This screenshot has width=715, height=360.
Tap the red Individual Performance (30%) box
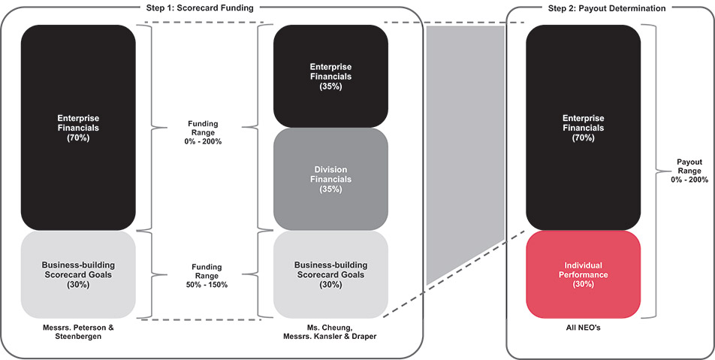[583, 274]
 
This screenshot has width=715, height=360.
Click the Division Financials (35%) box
[330, 179]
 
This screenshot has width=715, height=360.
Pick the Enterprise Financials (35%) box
[330, 76]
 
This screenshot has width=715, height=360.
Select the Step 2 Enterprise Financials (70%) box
[583, 128]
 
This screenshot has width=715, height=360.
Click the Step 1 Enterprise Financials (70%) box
[78, 128]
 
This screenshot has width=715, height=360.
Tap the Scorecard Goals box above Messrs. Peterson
[78, 274]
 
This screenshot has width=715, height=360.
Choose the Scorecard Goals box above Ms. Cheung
[330, 274]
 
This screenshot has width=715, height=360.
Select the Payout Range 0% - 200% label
[688, 170]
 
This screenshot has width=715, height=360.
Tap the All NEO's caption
[583, 328]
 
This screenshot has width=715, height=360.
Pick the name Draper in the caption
[363, 336]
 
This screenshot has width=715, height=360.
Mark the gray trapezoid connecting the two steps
[463, 150]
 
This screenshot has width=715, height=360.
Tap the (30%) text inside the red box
[583, 285]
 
